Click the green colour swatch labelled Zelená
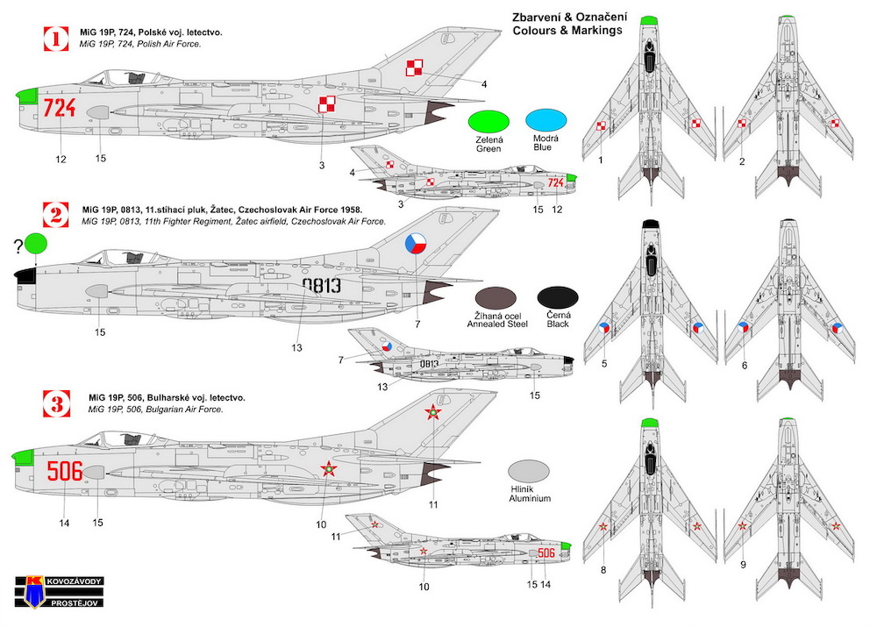[488, 123]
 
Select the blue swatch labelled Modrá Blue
[545, 121]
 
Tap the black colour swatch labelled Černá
[558, 297]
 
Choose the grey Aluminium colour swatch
[529, 472]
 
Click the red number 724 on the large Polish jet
[60, 107]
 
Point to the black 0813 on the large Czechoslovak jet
[322, 285]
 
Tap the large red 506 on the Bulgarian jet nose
[65, 471]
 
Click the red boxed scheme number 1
[56, 39]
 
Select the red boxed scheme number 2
[56, 215]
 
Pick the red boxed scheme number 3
[57, 403]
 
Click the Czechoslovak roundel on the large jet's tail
[416, 243]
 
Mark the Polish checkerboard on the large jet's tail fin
[414, 68]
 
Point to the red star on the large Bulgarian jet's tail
[432, 413]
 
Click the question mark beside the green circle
[19, 245]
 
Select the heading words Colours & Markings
[567, 30]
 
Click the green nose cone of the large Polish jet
[27, 96]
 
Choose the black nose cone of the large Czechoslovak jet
[25, 274]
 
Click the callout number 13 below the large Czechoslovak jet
[296, 347]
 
